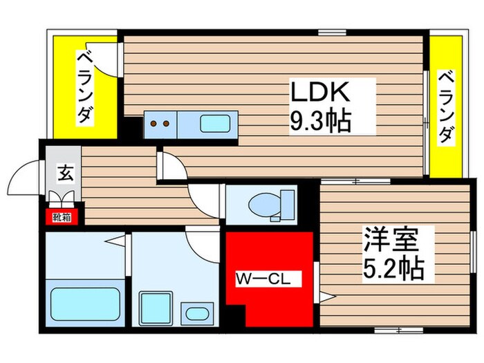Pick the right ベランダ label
pyautogui.click(x=447, y=106)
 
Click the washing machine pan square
pyautogui.click(x=153, y=306)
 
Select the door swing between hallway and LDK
pyautogui.click(x=172, y=167)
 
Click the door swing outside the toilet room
pyautogui.click(x=204, y=201)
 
